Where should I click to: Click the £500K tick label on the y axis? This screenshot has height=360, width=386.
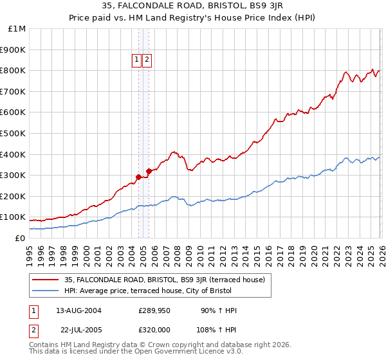coord(14,133)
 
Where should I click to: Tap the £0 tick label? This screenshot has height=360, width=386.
coord(21,238)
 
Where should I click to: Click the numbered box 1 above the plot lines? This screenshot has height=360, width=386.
coord(138,60)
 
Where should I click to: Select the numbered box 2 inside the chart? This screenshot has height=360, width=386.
coord(147,60)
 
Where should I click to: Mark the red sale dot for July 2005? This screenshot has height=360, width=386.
coord(149,171)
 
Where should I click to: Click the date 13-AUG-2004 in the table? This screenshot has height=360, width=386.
coord(78,310)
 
